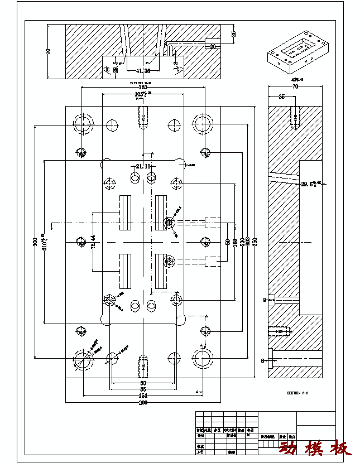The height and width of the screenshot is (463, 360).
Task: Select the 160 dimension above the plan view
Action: click(x=143, y=88)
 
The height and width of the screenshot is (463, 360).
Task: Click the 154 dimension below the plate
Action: click(x=143, y=396)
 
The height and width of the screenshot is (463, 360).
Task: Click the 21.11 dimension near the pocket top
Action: click(x=143, y=166)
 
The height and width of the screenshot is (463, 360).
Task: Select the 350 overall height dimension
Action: click(x=255, y=242)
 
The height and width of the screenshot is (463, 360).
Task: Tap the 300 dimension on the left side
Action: click(x=35, y=242)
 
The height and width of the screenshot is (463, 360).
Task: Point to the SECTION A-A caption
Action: click(x=297, y=393)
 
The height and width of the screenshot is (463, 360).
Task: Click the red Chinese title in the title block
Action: click(x=315, y=447)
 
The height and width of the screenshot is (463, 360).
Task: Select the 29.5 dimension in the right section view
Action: click(x=310, y=184)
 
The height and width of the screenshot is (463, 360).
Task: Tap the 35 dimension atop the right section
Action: click(x=282, y=97)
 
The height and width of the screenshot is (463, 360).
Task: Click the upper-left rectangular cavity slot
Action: click(x=125, y=213)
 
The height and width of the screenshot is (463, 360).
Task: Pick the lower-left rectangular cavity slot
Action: click(x=125, y=271)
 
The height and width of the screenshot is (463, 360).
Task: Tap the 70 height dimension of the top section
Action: click(x=48, y=51)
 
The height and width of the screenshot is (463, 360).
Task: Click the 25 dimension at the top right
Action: click(x=234, y=33)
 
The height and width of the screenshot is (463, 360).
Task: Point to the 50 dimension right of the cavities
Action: click(x=227, y=242)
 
